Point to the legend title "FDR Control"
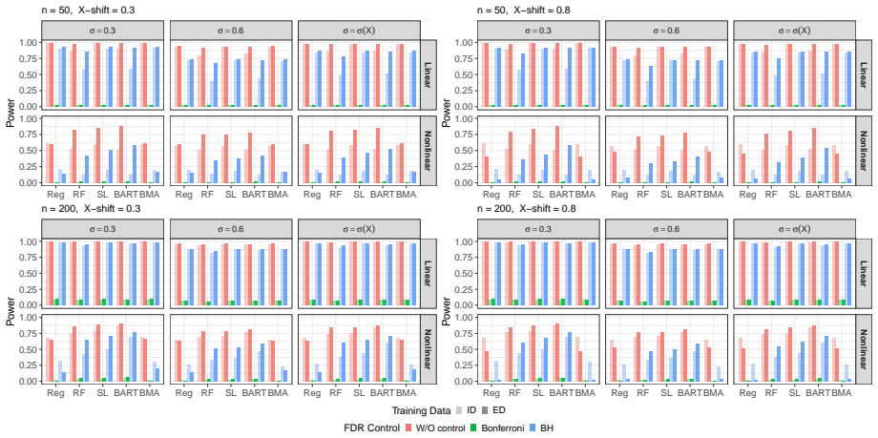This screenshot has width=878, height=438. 370,428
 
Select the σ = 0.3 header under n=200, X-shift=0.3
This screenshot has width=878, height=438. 105,229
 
